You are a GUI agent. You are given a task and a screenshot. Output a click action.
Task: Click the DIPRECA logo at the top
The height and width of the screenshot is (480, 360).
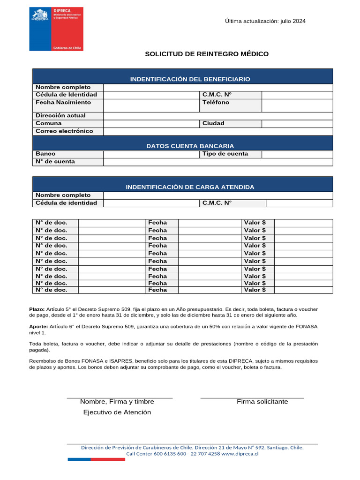click(56, 29)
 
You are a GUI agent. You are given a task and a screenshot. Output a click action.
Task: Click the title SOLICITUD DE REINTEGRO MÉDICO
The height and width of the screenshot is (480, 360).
click(207, 54)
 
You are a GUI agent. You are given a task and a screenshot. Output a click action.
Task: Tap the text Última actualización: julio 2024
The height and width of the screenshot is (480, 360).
click(265, 21)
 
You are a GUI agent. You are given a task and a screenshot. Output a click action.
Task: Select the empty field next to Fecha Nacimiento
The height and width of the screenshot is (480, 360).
click(151, 105)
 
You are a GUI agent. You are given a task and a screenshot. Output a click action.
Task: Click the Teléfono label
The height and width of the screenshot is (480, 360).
click(216, 102)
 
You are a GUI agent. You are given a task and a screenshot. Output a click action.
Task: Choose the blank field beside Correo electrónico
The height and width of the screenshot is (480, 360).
click(218, 131)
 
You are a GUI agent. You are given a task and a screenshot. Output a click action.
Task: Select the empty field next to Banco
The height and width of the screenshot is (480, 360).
click(151, 154)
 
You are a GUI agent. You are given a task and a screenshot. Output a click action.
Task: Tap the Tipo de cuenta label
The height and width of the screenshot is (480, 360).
click(225, 154)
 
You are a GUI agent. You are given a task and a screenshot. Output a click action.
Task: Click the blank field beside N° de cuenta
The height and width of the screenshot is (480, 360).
click(218, 162)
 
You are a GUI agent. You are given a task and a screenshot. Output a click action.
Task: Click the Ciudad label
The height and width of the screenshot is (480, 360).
click(213, 123)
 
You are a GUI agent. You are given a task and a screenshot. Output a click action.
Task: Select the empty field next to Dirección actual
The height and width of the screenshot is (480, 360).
click(218, 115)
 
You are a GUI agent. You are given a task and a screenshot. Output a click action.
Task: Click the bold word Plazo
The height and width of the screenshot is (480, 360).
click(37, 310)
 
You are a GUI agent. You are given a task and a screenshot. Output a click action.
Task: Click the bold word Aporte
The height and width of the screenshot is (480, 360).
click(37, 326)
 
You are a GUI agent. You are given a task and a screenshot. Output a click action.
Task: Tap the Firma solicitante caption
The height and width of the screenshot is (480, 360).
click(262, 402)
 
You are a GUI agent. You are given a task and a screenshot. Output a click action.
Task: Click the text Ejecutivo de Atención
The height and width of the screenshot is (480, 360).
click(117, 412)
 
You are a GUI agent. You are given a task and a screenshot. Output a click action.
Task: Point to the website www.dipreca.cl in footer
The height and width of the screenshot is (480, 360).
click(240, 454)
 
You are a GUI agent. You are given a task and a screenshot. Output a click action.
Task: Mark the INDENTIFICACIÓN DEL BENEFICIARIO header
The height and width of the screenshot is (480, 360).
click(190, 79)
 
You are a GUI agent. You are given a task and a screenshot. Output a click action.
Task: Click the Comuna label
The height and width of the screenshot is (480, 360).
click(49, 123)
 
